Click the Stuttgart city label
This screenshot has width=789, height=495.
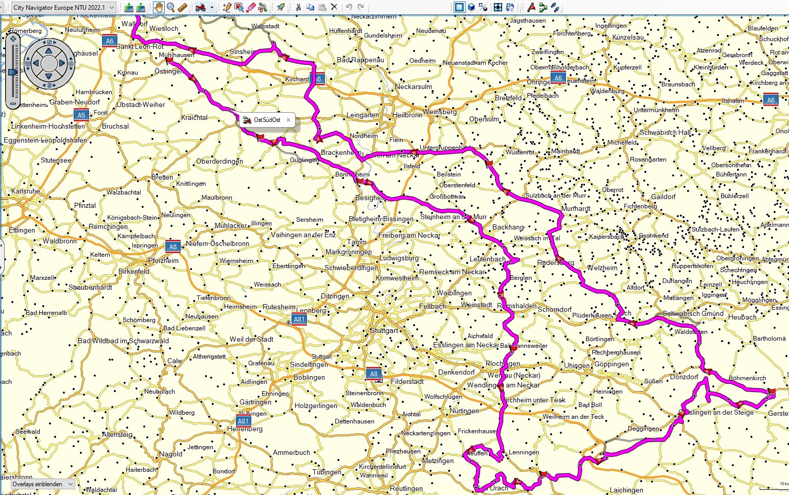384,330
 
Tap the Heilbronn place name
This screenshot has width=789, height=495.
407,115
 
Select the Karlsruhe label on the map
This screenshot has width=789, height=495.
26,191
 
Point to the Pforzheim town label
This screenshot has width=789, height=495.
163,260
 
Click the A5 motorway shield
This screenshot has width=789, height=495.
81,115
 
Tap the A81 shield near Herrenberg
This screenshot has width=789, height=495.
244,421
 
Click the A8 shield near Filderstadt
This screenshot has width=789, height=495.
374,374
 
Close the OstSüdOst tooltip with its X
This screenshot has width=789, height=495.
288,120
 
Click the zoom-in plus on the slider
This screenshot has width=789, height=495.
13,39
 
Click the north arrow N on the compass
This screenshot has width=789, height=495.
49,42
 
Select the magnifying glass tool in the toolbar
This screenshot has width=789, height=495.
170,7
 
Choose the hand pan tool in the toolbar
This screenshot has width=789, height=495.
158,7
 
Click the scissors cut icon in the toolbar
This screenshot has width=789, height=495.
298,7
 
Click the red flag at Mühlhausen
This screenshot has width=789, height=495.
169,60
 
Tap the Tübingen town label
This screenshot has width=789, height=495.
327,472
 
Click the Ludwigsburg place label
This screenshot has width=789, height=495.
399,258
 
